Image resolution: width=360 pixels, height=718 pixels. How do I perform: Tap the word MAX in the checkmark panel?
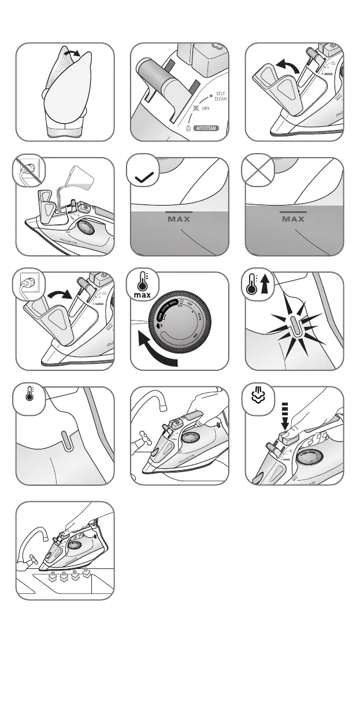pos(179,219)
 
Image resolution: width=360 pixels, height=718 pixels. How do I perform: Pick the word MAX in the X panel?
pos(294,219)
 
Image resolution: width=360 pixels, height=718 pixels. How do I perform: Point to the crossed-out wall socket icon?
pos(27,172)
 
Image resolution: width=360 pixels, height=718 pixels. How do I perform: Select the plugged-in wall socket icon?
pos(27,286)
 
